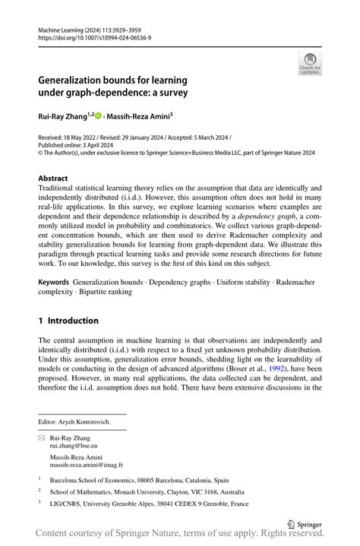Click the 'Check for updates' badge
tap(310, 64)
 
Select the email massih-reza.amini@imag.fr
tap(87, 465)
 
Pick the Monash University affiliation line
tap(151, 491)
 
